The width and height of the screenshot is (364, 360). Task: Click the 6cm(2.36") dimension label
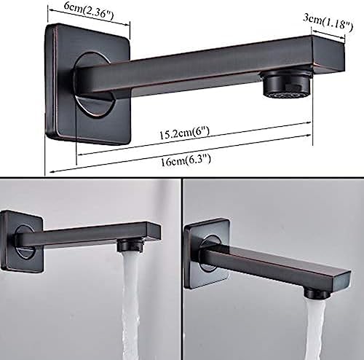[x=89, y=9]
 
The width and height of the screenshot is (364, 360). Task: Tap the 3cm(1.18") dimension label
[x=328, y=22]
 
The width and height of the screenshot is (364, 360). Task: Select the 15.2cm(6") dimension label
[x=184, y=133]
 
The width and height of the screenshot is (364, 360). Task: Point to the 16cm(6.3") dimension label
[x=186, y=160]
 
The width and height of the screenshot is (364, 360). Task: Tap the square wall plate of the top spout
[x=88, y=84]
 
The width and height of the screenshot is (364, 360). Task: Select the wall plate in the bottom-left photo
[x=21, y=241]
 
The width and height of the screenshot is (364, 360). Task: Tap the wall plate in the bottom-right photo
[x=207, y=254]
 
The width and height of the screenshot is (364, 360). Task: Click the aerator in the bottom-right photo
[x=317, y=293]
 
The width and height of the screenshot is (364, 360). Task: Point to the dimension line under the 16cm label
[x=181, y=154]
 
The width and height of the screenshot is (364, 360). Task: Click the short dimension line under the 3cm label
[x=328, y=34]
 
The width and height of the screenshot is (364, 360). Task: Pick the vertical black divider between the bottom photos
[x=181, y=269]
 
